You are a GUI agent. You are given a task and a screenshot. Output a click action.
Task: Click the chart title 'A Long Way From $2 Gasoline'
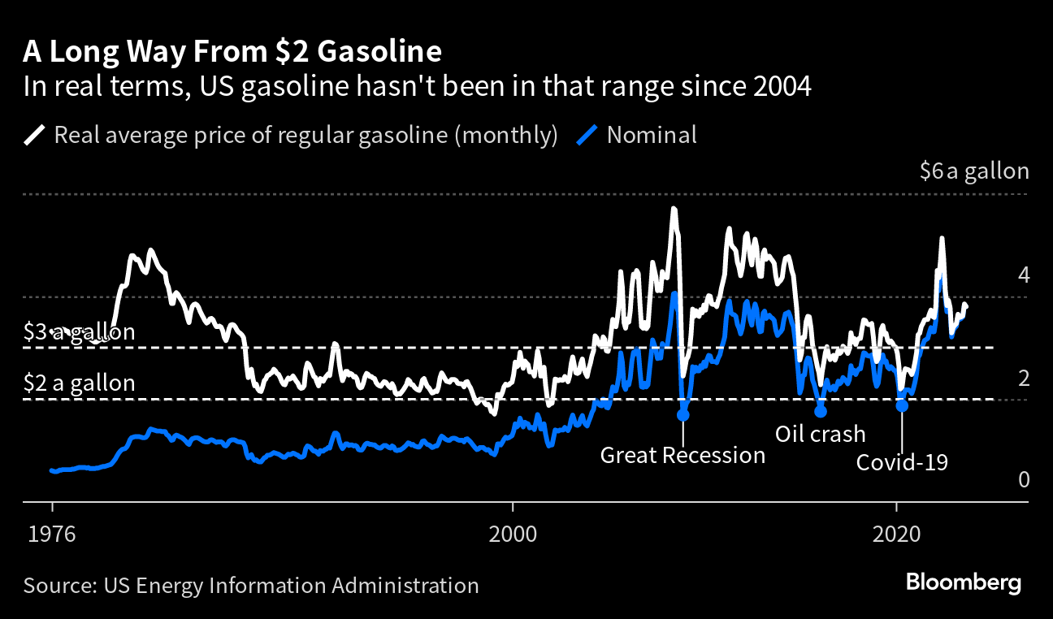pos(232,51)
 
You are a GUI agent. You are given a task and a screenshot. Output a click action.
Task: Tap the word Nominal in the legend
pos(652,134)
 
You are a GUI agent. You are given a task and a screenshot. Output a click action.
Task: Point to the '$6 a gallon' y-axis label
pos(974,171)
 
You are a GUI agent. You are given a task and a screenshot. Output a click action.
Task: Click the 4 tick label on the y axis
pos(1024,275)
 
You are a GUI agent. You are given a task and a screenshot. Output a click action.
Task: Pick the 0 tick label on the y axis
pos(1024,480)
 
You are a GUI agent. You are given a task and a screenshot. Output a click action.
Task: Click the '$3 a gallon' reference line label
pos(80,331)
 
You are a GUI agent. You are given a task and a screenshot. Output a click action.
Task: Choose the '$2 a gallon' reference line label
pos(80,383)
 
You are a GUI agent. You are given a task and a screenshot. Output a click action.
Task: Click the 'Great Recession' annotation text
pos(682,455)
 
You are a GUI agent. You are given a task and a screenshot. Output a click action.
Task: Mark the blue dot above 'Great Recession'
pos(682,414)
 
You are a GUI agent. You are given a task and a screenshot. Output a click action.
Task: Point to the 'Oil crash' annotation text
pos(820,434)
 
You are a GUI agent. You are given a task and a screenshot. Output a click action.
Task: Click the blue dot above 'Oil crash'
pos(820,411)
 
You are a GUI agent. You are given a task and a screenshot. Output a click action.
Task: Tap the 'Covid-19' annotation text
pos(903,462)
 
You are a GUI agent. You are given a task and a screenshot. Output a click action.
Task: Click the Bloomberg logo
pos(964,582)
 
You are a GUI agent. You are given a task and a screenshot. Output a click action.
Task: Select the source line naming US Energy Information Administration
pos(251,585)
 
